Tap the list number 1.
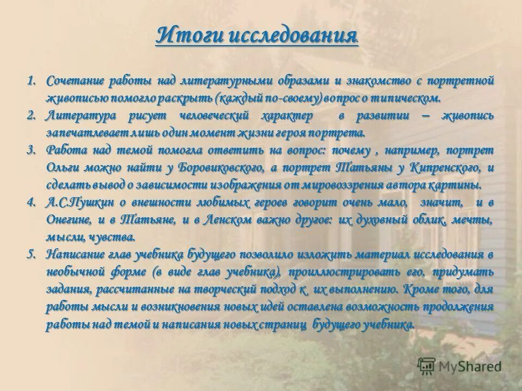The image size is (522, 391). coord(32,81)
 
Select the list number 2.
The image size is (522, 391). coord(32,116)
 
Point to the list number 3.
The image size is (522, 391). coord(32,150)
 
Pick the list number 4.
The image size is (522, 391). coord(32,203)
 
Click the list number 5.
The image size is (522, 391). coord(32,255)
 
